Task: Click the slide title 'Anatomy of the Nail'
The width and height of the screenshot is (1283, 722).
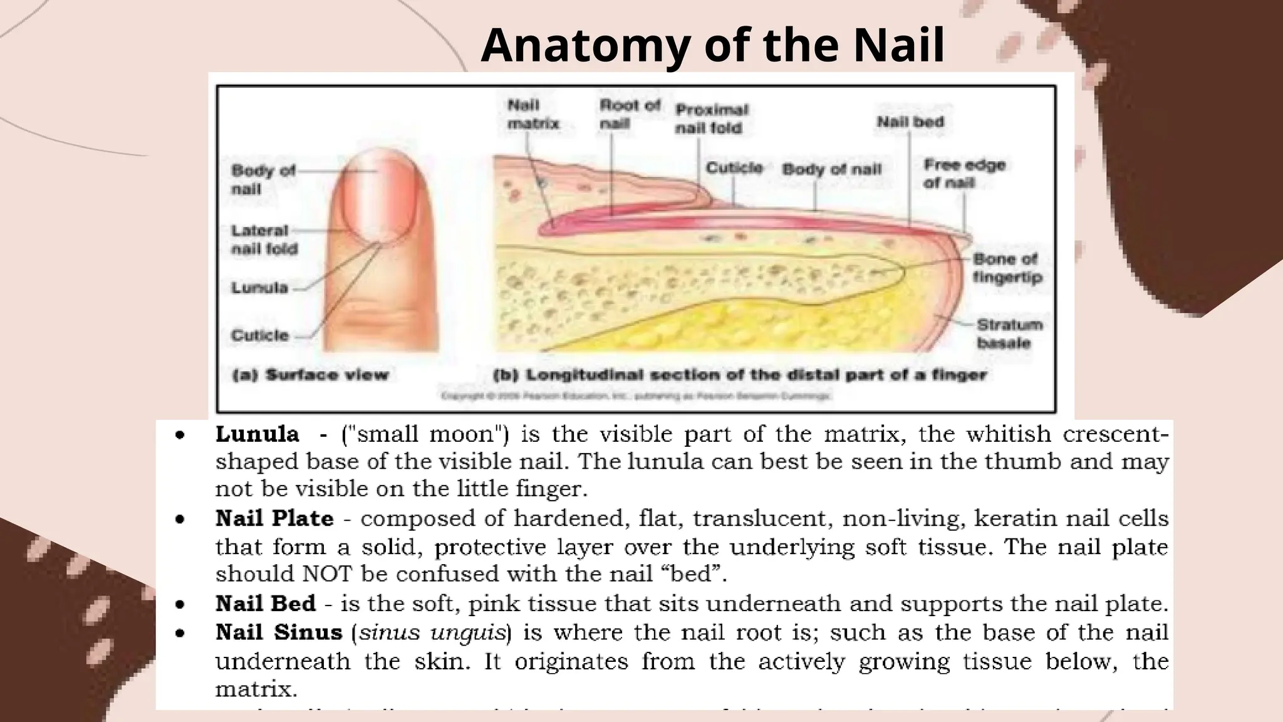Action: (x=712, y=45)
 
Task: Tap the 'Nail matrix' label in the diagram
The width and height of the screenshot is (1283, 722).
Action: (x=532, y=115)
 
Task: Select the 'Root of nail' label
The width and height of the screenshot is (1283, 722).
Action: (x=630, y=114)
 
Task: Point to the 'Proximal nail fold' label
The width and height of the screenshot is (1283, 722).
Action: (x=711, y=118)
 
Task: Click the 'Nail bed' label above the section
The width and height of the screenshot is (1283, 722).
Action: (x=910, y=122)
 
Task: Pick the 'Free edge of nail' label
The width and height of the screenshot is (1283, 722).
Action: (x=964, y=174)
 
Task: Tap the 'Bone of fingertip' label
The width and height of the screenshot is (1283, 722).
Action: (x=1007, y=268)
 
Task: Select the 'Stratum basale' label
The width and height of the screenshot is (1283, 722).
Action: (x=1009, y=333)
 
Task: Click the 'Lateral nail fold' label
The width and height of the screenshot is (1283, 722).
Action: (x=264, y=239)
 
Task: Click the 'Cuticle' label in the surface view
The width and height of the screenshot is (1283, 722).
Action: (x=260, y=335)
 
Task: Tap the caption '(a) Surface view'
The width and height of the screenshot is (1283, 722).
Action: (x=310, y=375)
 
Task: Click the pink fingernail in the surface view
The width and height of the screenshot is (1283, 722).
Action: (x=380, y=197)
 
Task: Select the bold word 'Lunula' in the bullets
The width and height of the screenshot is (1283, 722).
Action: (x=257, y=434)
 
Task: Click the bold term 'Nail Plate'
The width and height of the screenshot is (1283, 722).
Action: (x=274, y=518)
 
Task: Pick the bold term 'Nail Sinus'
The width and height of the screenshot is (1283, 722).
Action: (x=279, y=632)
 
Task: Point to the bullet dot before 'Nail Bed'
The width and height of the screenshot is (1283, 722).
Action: (x=180, y=604)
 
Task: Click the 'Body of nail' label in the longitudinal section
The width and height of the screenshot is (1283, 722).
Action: (x=831, y=169)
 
